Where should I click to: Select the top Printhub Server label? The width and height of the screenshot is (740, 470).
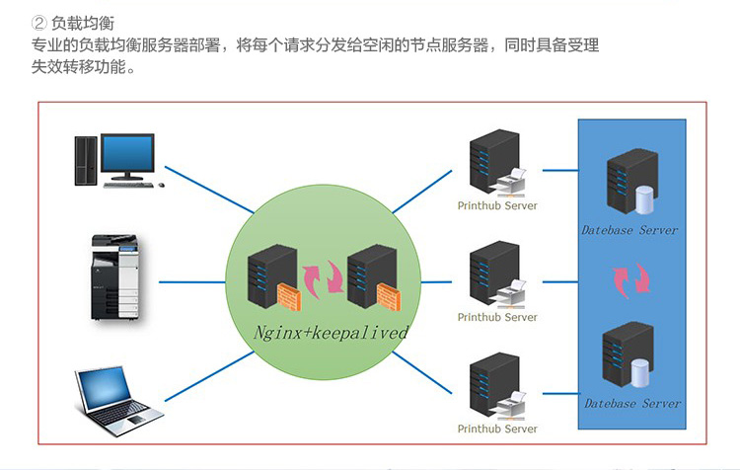497,205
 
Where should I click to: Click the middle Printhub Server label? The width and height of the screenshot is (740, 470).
497,317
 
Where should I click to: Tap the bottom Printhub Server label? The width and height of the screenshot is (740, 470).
497,429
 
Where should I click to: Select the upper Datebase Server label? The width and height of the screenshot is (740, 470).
629,230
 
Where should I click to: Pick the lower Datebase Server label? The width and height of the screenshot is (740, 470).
631,403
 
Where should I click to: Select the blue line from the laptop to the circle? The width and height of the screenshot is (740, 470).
197,386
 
